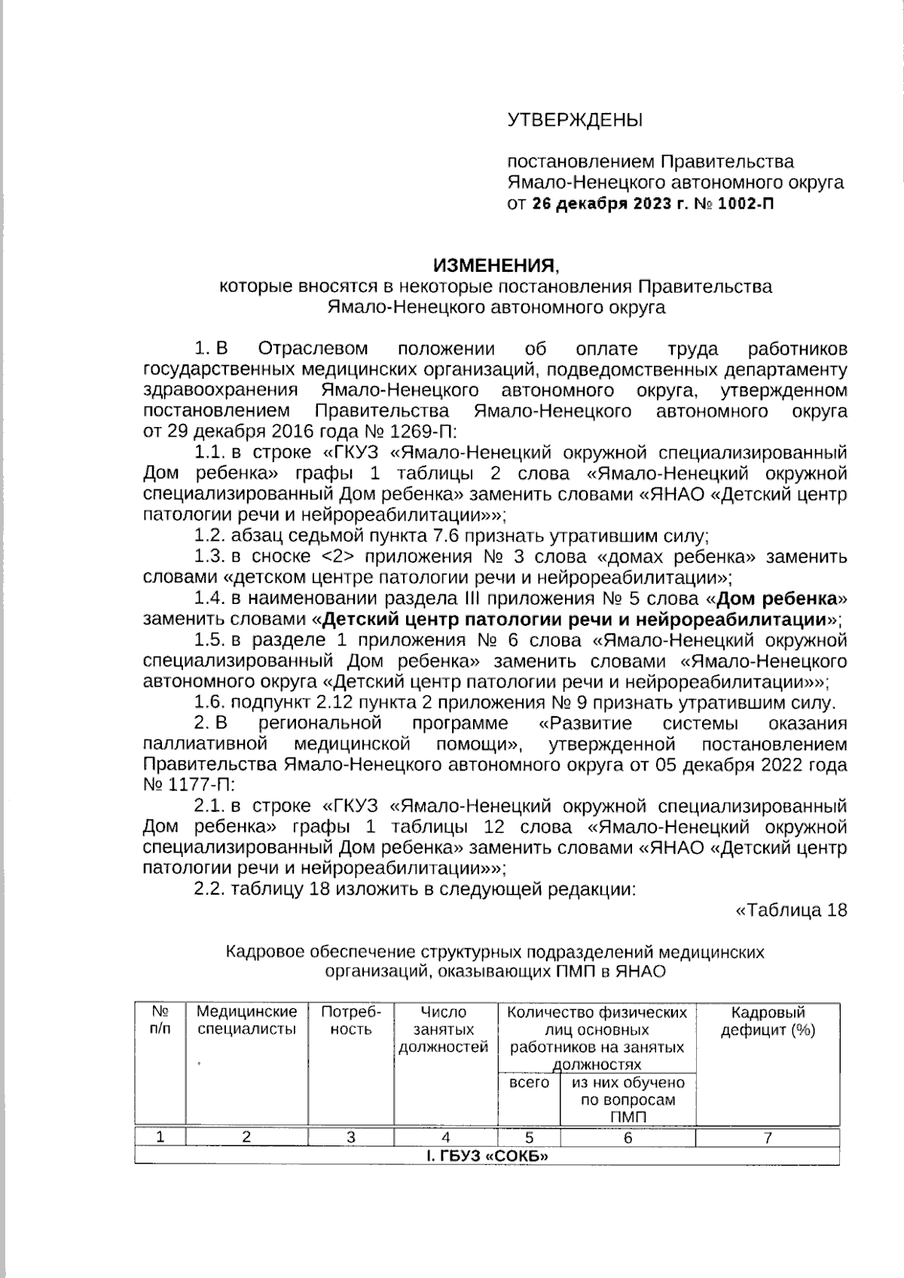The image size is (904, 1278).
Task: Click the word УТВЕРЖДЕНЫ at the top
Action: tap(576, 120)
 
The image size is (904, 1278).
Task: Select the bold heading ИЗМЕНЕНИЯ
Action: tap(496, 265)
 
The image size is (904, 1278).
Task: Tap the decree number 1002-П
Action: tap(746, 203)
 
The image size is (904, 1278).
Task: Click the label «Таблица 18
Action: tap(790, 910)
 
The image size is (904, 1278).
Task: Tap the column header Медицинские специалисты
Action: tap(246, 1020)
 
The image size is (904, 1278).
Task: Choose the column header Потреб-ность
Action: tap(351, 1020)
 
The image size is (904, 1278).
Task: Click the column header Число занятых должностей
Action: tap(444, 1029)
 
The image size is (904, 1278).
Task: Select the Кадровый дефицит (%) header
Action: tap(768, 1020)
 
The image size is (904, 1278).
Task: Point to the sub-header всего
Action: tap(529, 1083)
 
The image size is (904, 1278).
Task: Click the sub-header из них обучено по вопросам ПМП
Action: tap(628, 1100)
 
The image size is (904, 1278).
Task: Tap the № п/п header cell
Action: tap(160, 1020)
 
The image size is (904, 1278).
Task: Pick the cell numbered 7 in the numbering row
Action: tap(768, 1138)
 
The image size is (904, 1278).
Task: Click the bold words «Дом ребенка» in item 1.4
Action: tap(777, 599)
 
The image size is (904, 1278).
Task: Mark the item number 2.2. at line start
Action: tap(210, 889)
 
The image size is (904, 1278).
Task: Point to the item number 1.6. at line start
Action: tap(210, 703)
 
